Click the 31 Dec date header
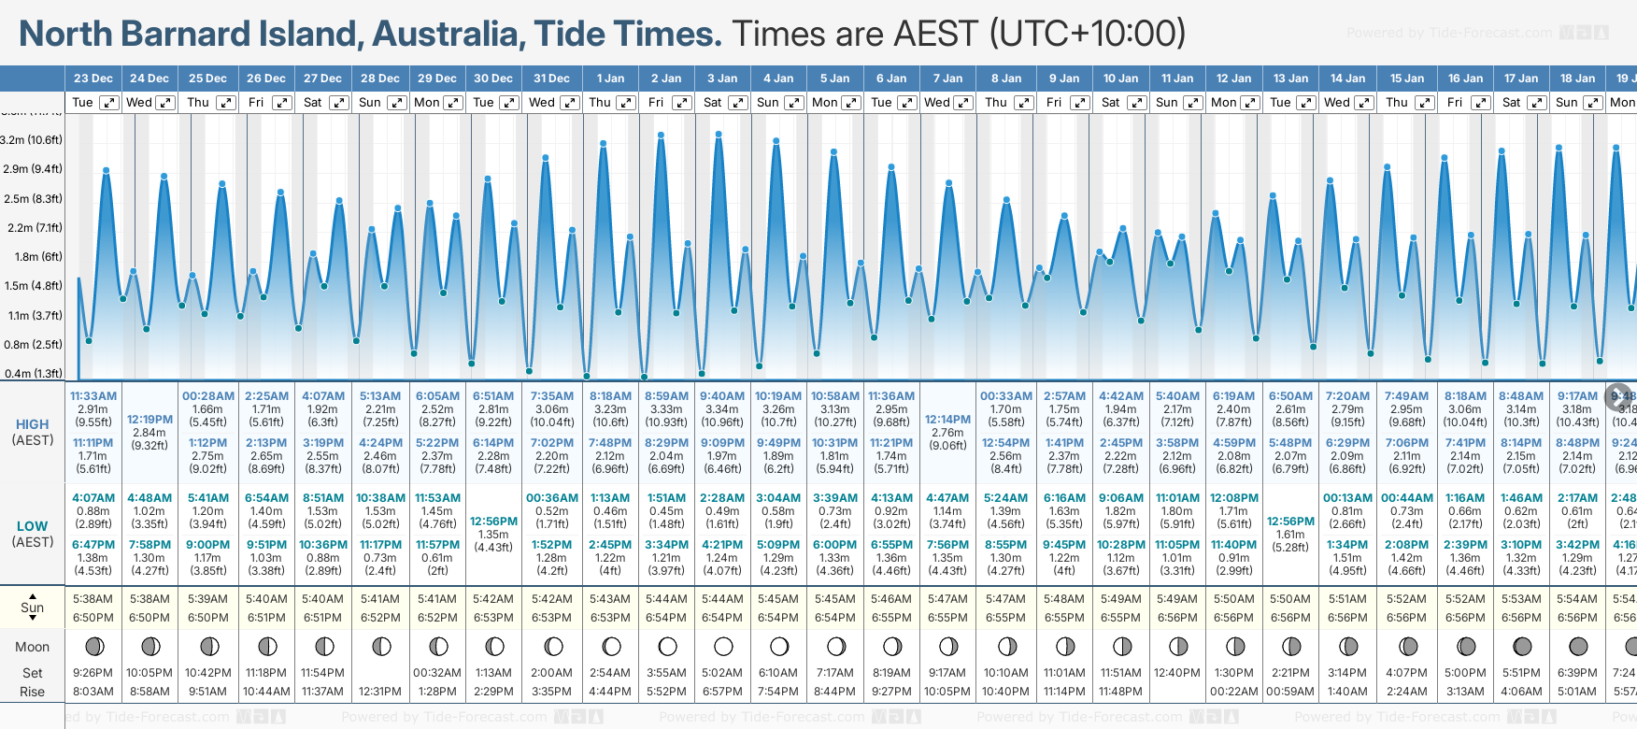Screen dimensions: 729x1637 (551, 79)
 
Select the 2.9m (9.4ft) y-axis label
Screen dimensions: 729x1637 (33, 169)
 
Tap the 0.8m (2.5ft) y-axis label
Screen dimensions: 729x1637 (33, 344)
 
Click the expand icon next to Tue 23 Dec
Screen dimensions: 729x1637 (109, 103)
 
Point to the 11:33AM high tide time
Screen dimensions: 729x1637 (93, 396)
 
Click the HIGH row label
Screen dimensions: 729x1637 (32, 424)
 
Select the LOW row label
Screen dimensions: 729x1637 (32, 526)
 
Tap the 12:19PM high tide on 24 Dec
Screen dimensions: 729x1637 (149, 420)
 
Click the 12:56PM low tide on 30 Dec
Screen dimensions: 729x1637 (493, 522)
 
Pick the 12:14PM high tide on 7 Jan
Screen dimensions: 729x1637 (947, 420)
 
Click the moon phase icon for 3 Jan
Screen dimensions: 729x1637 (723, 646)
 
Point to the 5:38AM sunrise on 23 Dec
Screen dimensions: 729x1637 (93, 599)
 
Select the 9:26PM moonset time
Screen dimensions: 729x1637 (93, 673)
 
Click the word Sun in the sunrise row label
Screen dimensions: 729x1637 (32, 607)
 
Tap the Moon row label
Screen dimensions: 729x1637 (32, 647)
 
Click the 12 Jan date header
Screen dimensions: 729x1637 (1233, 79)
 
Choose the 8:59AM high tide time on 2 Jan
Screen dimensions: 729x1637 (666, 396)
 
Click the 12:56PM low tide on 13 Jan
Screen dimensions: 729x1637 (1290, 522)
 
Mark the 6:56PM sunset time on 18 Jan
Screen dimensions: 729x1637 (1577, 618)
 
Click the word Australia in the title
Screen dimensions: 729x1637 (445, 34)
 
